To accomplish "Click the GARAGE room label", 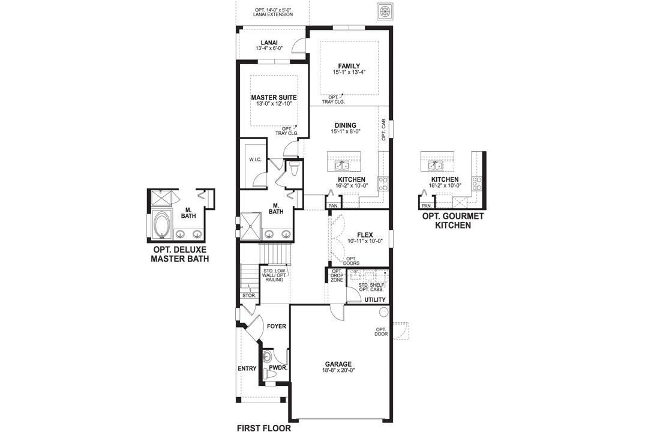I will [x=338, y=364].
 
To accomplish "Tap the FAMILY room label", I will [x=349, y=66].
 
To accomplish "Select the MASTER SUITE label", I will [x=274, y=97].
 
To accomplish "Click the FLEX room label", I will [x=365, y=235].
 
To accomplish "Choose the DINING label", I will [x=345, y=125].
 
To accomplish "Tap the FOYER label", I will [x=277, y=326].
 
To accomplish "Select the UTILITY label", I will [x=375, y=299].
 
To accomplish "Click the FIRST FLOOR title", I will [x=264, y=428].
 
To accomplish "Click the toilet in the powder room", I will [x=269, y=373].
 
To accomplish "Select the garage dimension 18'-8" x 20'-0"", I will [x=338, y=371].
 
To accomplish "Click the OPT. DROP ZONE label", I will [x=337, y=275].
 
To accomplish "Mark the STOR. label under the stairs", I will [x=248, y=295].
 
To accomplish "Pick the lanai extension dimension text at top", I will [x=274, y=12].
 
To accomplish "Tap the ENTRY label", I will [x=247, y=368].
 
